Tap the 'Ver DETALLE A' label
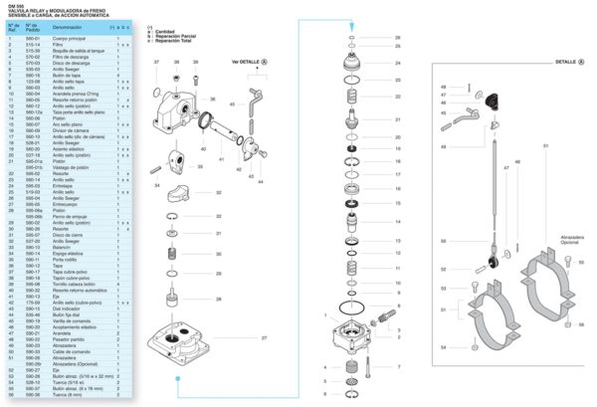pyautogui.click(x=250, y=62)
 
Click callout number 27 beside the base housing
pyautogui.click(x=266, y=338)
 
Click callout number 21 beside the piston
pyautogui.click(x=397, y=118)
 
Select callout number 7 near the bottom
pyautogui.click(x=398, y=367)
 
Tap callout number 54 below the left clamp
pyautogui.click(x=443, y=347)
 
